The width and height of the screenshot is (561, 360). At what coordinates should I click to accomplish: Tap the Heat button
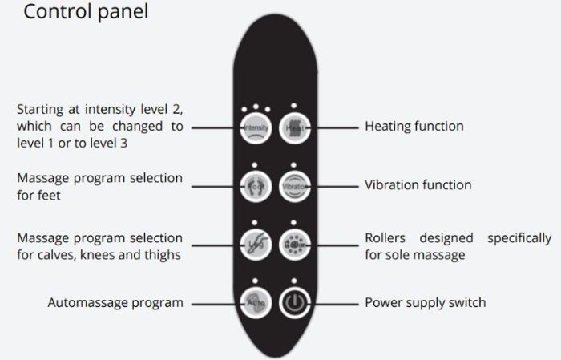(x=294, y=127)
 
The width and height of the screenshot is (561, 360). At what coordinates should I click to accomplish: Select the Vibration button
(x=294, y=185)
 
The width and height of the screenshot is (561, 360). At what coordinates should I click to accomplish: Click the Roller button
(x=294, y=245)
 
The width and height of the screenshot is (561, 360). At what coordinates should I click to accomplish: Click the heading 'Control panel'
(x=86, y=14)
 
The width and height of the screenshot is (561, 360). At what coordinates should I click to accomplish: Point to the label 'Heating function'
(x=414, y=127)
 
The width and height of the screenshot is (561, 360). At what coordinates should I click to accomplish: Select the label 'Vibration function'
(x=418, y=185)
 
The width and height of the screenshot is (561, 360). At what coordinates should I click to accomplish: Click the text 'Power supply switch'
(x=425, y=303)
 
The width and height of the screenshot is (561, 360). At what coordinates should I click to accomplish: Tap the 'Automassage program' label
(x=115, y=303)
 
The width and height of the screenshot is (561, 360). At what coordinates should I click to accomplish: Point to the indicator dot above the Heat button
(x=294, y=105)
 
